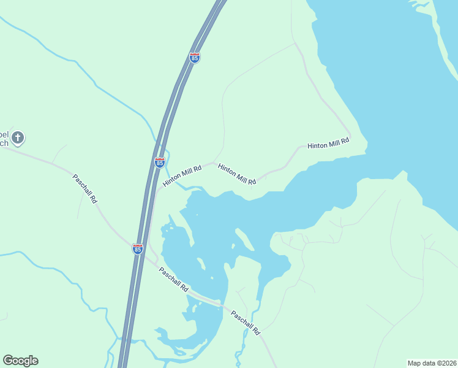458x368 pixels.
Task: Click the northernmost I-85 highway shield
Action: coord(195,58)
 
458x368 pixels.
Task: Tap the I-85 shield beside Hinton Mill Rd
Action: coord(160,163)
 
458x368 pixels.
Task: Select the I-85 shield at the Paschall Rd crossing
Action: coord(138,248)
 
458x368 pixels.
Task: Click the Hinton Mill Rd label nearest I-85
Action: coord(182,175)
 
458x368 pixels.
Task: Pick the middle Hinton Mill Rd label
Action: coord(236,174)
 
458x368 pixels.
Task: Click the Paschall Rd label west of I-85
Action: coord(84,189)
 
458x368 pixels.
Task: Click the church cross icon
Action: coord(18,137)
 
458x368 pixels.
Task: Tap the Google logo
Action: coord(20,361)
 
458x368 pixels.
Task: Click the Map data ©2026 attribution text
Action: coord(432,362)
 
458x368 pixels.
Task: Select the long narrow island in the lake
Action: coord(244,240)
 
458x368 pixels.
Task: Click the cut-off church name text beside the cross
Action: coord(4,138)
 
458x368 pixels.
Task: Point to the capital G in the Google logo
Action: coord(8,361)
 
